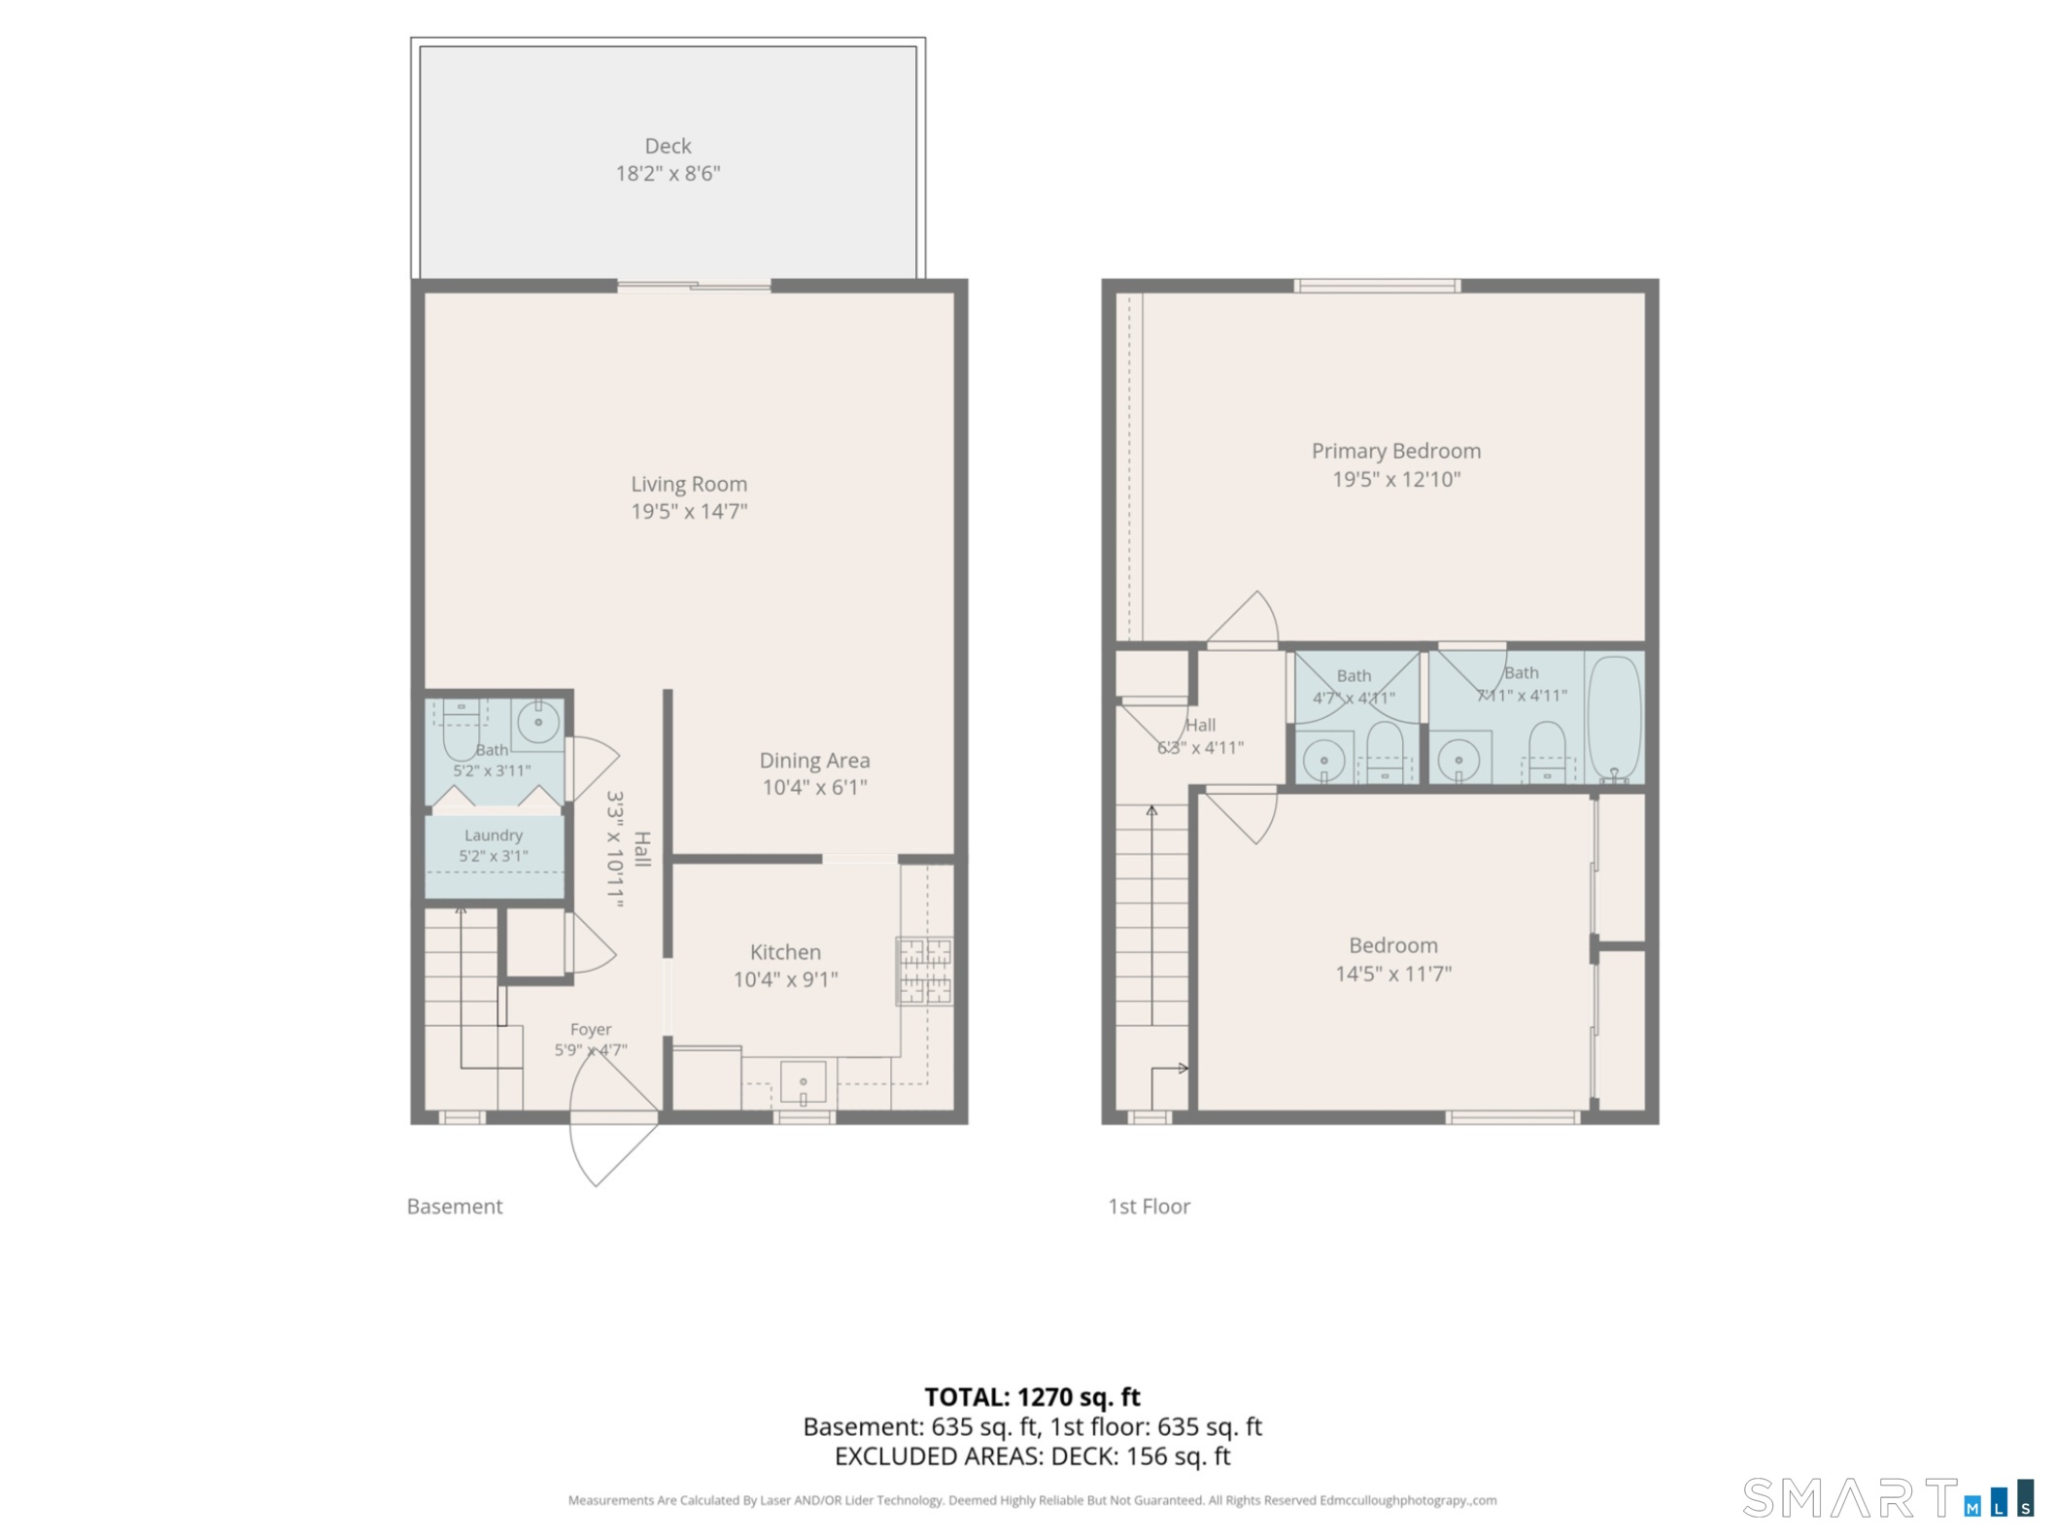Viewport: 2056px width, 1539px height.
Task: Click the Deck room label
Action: point(668,146)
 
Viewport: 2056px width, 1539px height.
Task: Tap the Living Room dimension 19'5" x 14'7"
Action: point(689,511)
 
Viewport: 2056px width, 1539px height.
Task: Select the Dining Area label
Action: point(814,761)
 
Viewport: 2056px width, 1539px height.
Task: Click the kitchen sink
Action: point(803,1082)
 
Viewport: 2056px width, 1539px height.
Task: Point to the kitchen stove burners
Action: point(924,971)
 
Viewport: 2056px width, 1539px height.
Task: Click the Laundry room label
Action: point(494,836)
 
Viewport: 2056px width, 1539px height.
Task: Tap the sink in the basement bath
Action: point(537,722)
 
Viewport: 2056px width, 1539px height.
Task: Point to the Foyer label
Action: point(591,1029)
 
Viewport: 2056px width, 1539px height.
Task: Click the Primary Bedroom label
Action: point(1396,451)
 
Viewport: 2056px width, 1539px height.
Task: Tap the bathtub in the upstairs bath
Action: point(1614,717)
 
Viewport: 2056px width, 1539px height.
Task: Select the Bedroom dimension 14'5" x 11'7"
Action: point(1393,974)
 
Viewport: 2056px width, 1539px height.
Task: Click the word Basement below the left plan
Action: point(455,1207)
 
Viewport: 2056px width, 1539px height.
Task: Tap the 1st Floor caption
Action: point(1148,1207)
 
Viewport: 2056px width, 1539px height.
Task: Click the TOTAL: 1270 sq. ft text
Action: point(1032,1397)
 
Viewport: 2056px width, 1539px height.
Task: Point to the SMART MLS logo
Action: point(1888,1497)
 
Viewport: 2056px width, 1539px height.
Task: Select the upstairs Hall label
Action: point(1200,725)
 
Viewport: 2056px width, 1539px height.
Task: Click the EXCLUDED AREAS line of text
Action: point(1032,1456)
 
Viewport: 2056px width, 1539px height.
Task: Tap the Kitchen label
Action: point(785,952)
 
